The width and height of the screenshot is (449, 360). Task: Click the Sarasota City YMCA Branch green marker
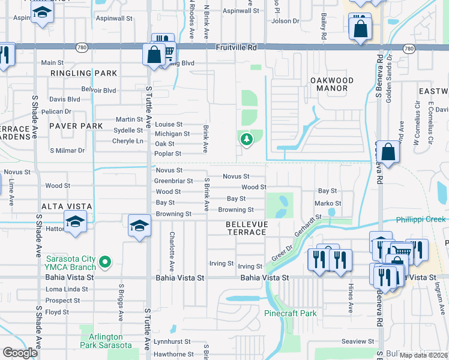(105, 261)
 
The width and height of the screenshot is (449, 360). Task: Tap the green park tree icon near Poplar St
(246, 140)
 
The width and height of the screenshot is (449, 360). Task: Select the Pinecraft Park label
(291, 313)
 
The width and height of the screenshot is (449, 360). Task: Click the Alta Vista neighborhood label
(66, 206)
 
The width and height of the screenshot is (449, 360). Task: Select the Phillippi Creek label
(420, 219)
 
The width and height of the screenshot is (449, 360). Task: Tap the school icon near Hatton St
(76, 221)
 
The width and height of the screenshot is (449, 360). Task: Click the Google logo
(20, 353)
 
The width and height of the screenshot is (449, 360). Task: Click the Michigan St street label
(172, 134)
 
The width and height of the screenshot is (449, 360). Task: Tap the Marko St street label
(328, 203)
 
